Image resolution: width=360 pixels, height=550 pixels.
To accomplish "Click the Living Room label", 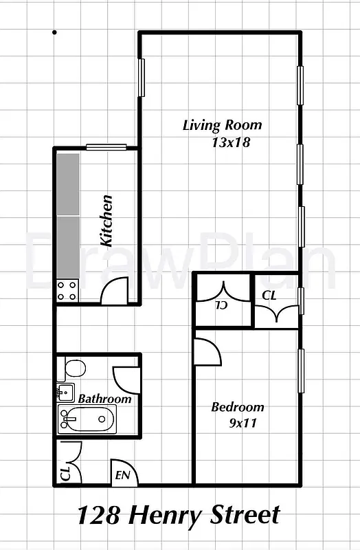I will click(222, 125).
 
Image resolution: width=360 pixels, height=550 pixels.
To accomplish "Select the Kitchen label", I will click(106, 221).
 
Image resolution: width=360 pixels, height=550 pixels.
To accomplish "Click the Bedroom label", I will click(237, 407).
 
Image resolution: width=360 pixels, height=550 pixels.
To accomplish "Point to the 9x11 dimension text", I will click(242, 423).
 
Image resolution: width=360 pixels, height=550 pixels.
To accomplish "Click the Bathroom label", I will click(104, 399).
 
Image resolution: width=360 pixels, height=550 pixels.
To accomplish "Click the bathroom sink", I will click(66, 393).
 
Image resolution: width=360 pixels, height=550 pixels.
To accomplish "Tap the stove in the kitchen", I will click(68, 291).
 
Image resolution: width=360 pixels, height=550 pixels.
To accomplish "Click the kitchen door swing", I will click(115, 290).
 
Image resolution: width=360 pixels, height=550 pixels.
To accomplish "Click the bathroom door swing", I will click(126, 380).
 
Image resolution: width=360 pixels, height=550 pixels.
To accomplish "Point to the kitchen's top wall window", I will click(106, 146).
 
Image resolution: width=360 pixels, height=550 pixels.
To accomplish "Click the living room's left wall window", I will click(141, 78).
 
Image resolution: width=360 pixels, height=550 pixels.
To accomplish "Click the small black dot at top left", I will click(54, 32).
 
